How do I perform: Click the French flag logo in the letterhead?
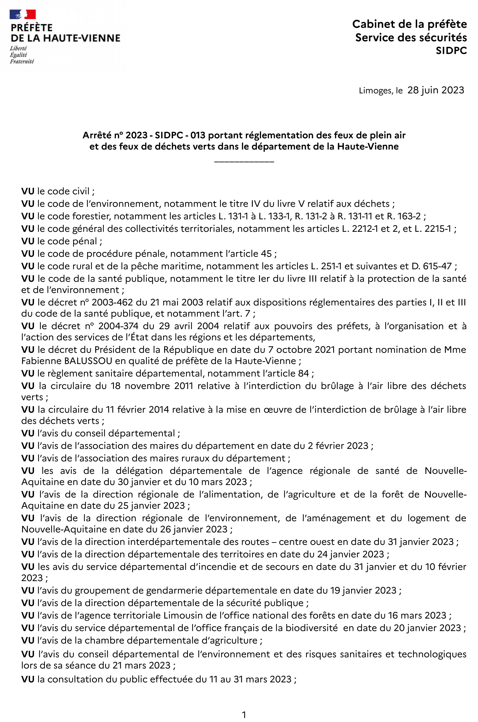coord(23,14)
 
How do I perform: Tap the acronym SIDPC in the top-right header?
coord(451,51)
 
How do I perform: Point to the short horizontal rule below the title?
coord(244,161)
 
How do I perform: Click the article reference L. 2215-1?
coord(432,229)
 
